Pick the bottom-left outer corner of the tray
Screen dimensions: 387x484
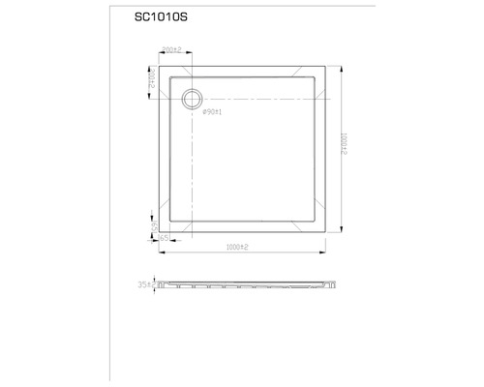[x=160, y=235]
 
